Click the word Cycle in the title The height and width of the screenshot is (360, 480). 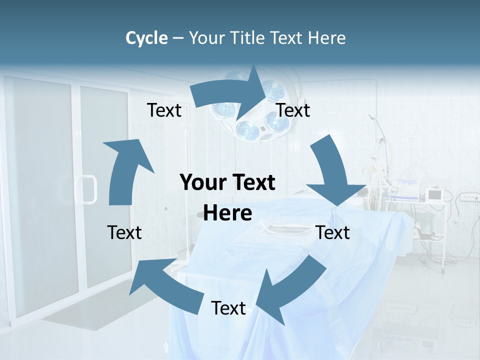pos(146,38)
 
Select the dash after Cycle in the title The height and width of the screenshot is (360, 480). pos(178,38)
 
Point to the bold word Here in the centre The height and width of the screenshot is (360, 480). pos(227,213)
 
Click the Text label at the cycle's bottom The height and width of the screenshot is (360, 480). pos(228,308)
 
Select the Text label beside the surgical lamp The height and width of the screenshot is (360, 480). pos(293,110)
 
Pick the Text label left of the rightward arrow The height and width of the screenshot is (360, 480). pos(164,110)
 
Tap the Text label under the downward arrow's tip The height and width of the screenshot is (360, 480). pos(333,232)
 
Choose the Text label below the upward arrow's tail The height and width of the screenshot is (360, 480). pos(124,232)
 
